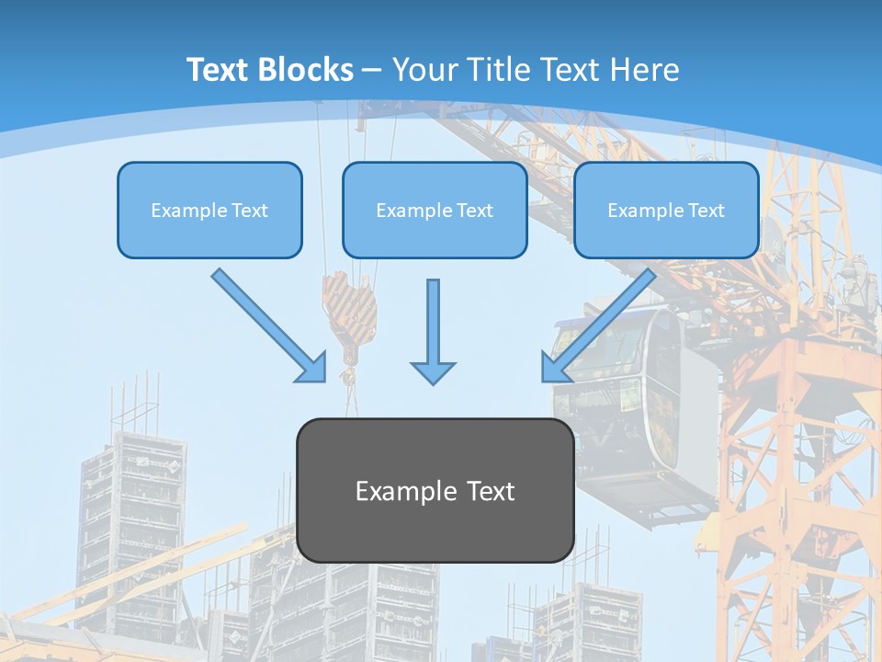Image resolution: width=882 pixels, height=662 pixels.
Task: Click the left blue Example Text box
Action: click(x=209, y=210)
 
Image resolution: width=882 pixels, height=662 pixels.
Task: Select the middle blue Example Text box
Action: click(x=435, y=210)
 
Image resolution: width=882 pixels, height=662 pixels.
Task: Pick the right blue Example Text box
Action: click(x=666, y=210)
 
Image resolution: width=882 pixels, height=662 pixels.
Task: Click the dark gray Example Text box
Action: click(x=435, y=491)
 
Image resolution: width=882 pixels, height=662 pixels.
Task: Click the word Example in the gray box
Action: click(x=398, y=491)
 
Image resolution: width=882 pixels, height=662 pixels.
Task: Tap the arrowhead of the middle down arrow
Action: click(x=433, y=371)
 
